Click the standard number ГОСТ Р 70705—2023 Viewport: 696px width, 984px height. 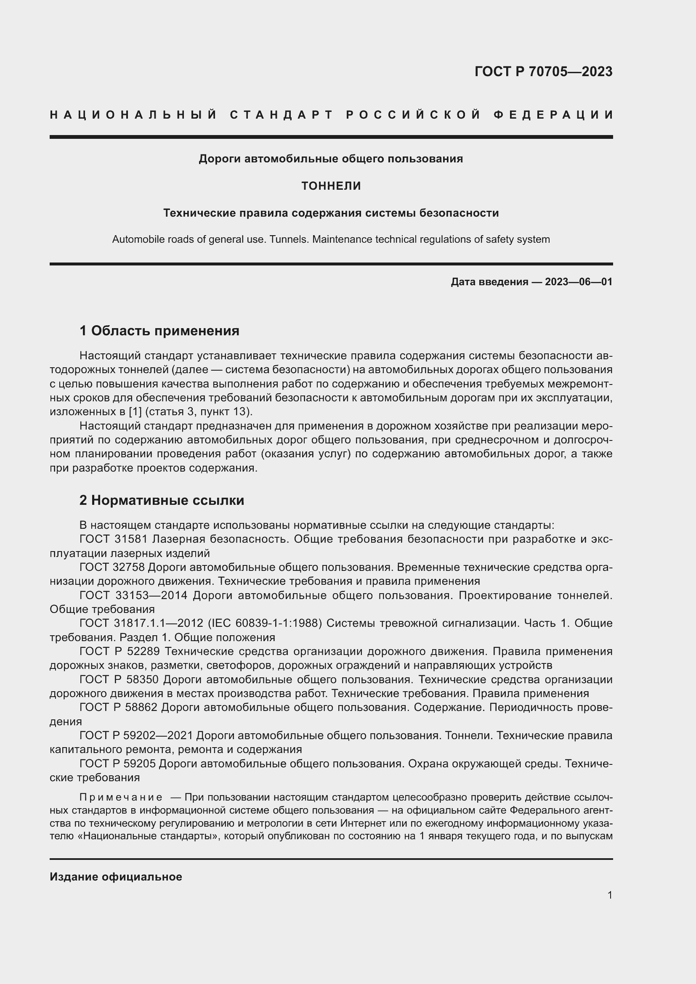pyautogui.click(x=543, y=72)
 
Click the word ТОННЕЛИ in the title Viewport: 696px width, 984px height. pyautogui.click(x=331, y=186)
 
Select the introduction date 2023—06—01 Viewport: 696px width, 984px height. pyautogui.click(x=578, y=281)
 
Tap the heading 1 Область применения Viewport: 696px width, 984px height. pyautogui.click(x=159, y=331)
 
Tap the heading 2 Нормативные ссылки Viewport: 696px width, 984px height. pyautogui.click(x=162, y=500)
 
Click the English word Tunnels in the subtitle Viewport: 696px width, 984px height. pyautogui.click(x=292, y=239)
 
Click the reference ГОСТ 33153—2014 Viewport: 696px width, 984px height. pyautogui.click(x=133, y=595)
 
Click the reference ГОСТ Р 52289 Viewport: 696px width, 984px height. pyautogui.click(x=120, y=651)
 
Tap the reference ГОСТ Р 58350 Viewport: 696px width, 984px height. pyautogui.click(x=119, y=680)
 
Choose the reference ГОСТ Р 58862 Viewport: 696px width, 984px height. pyautogui.click(x=119, y=707)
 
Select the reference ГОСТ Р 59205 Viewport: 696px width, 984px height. pyautogui.click(x=119, y=764)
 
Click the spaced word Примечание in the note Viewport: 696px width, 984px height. pyautogui.click(x=120, y=797)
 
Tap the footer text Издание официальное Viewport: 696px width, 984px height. pyautogui.click(x=116, y=876)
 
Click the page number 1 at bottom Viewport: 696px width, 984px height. pyautogui.click(x=609, y=895)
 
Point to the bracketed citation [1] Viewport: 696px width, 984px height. pyautogui.click(x=135, y=412)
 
